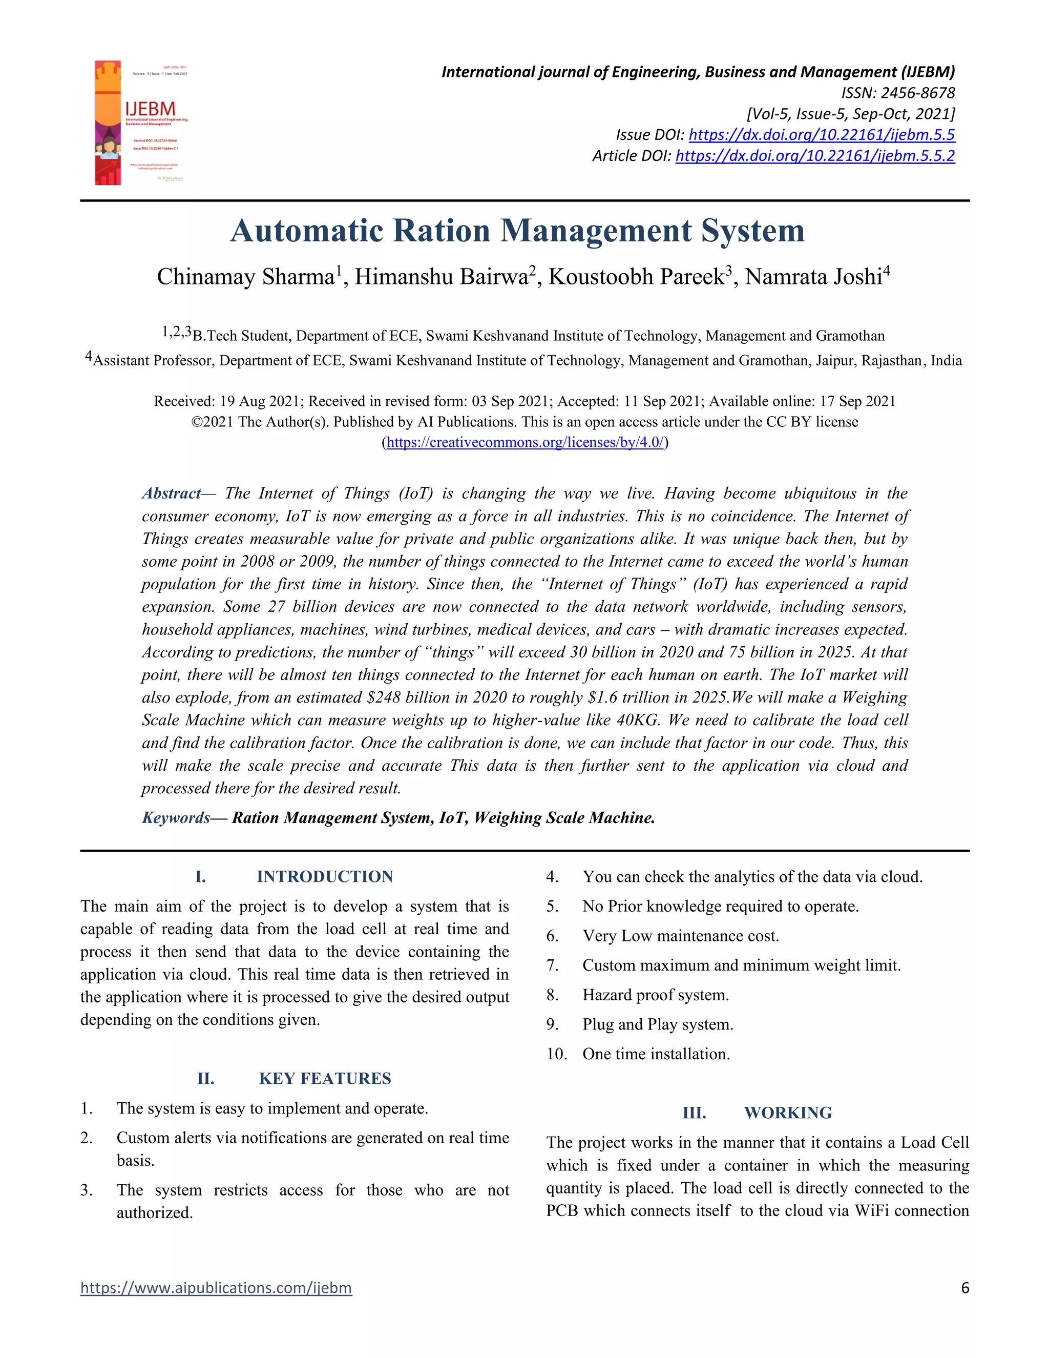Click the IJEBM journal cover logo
point(142,122)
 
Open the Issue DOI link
point(822,135)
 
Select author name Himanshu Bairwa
point(440,277)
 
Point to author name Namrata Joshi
point(813,277)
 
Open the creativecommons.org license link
point(525,442)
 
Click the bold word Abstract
point(171,493)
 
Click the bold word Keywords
point(176,818)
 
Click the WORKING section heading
point(787,1113)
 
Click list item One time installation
point(656,1054)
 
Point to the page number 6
point(964,1288)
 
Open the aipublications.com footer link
point(216,1288)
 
